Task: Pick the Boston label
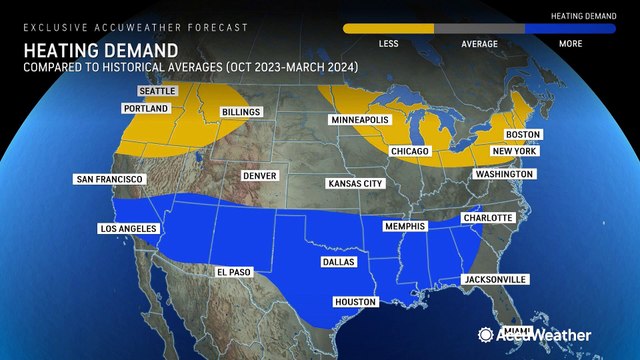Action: [x=522, y=134]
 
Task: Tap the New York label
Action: [x=514, y=151]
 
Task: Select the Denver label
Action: [x=258, y=176]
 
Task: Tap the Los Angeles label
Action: [x=129, y=229]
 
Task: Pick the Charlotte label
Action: [x=487, y=218]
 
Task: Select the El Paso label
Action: [x=235, y=271]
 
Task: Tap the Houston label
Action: [x=355, y=301]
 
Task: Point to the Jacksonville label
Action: [x=494, y=279]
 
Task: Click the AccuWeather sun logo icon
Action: [x=485, y=335]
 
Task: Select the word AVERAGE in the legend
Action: [x=479, y=43]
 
